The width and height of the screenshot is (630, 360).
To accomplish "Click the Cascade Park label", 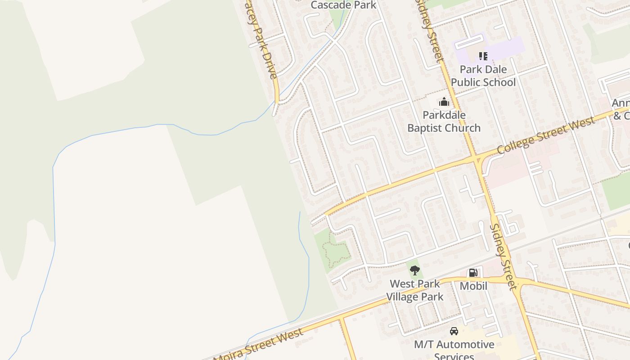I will coord(343,5).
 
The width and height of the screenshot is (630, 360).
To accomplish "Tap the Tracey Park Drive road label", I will coord(263,40).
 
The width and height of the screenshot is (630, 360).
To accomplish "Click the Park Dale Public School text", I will coord(483,76).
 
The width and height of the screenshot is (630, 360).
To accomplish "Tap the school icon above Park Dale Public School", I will coord(483,56).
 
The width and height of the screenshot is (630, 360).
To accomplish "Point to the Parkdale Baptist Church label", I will coord(444,121).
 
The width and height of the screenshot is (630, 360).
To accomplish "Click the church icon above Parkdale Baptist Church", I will coord(444,102).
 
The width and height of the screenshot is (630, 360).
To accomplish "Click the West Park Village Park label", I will coord(415,290).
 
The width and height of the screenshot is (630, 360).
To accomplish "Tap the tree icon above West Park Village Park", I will coord(415,270).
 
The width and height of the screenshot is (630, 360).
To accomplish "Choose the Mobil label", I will coord(473,286).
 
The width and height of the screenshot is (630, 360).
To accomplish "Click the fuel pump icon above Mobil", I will coord(473,273).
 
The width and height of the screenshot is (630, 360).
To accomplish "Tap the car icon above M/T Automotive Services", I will coord(454,332).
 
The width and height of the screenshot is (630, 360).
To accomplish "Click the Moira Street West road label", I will coord(259,346).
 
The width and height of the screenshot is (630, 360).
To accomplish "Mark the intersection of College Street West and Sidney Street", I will coord(475,159).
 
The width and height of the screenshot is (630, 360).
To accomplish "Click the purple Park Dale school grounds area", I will coord(508,47).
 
